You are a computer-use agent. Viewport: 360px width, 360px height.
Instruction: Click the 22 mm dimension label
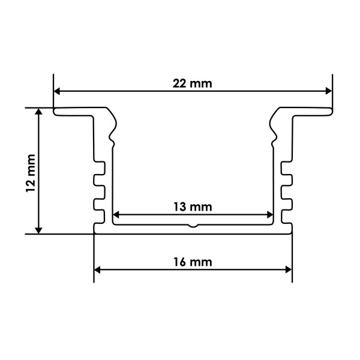point(192,83)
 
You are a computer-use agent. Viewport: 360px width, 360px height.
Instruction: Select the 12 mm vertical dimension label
point(31,173)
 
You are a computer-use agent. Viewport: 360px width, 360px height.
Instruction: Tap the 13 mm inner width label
point(193,207)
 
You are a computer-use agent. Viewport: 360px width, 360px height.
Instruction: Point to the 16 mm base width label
point(193,262)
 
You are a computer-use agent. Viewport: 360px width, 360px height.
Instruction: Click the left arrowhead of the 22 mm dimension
point(57,91)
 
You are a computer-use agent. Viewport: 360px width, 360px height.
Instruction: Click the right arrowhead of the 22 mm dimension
point(329,91)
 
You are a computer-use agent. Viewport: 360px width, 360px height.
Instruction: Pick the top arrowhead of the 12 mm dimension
point(38,112)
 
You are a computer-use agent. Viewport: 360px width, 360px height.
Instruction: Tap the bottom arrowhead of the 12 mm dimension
point(38,230)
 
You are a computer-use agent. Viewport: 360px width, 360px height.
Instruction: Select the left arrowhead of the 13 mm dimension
point(116,215)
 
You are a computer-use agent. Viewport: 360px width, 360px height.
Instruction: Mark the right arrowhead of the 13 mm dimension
point(270,215)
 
